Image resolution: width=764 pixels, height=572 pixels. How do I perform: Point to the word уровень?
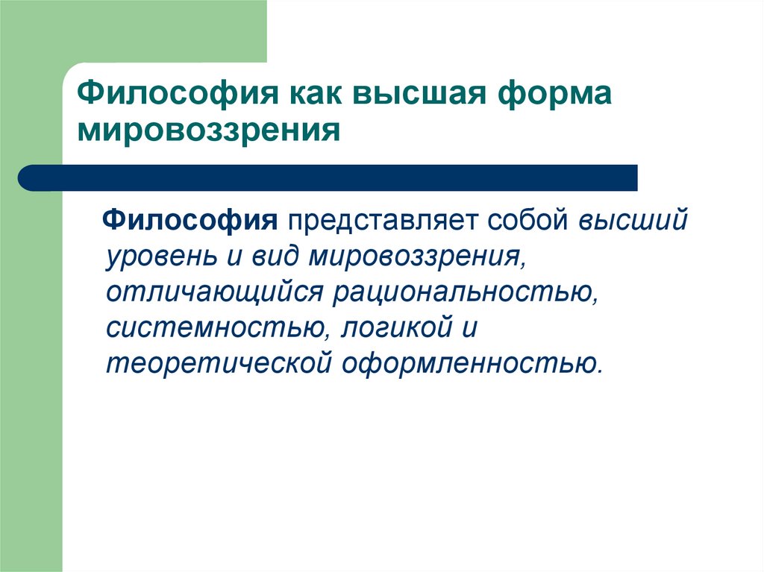pyautogui.click(x=160, y=257)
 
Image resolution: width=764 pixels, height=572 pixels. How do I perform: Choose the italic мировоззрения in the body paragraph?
pyautogui.click(x=417, y=257)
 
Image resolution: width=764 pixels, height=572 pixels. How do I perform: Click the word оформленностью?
pyautogui.click(x=472, y=364)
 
